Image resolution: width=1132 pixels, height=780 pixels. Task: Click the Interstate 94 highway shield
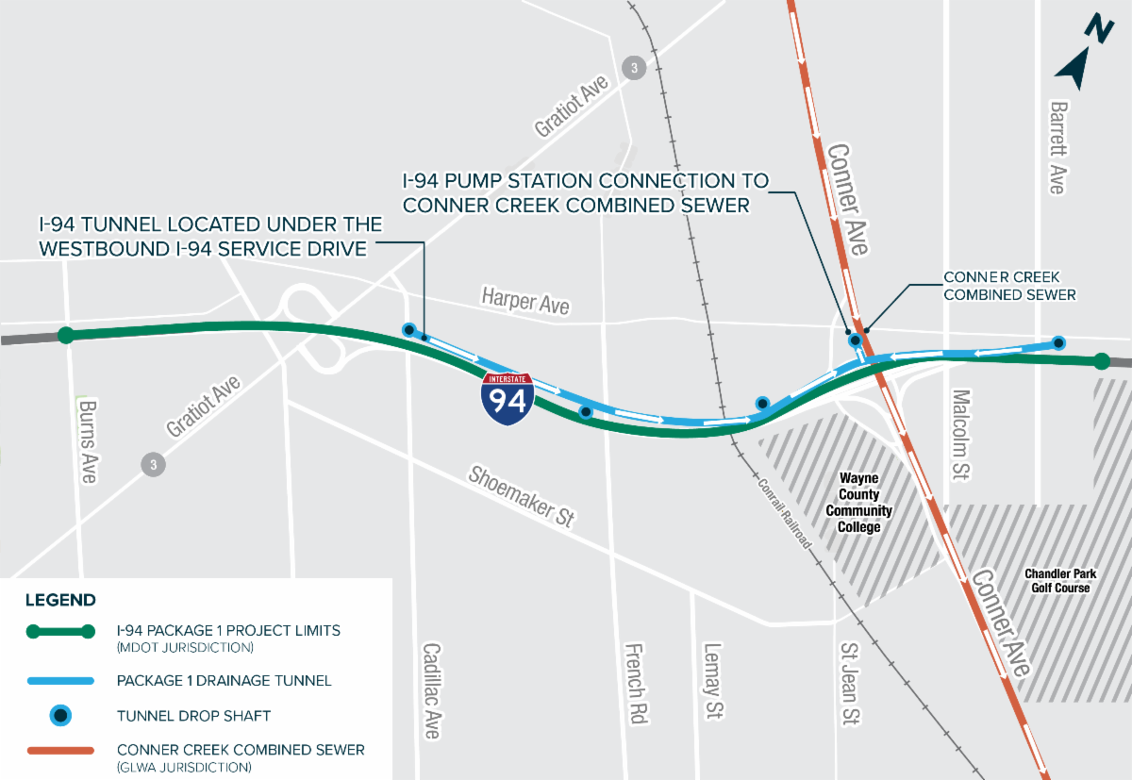point(508,398)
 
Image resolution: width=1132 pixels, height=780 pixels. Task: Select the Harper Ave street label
point(525,301)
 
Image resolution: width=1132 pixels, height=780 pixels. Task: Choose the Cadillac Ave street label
point(431,690)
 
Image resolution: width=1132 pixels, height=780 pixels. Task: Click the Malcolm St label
point(961,435)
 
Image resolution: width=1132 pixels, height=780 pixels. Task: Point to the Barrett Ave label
point(1057,147)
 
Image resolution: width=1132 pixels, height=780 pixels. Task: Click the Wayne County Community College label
point(858,503)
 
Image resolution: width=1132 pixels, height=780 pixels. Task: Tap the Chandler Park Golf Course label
point(1057,581)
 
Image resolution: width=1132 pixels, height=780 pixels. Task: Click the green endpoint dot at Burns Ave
point(65,335)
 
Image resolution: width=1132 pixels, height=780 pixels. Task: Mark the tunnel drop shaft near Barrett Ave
point(1058,342)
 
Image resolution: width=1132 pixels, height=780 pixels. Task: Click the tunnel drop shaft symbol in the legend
point(59,716)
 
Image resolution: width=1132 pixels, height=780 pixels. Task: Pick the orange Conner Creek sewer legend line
point(59,750)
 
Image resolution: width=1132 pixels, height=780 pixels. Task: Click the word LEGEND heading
point(59,600)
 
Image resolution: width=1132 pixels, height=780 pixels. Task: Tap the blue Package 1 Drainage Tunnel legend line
point(59,680)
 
